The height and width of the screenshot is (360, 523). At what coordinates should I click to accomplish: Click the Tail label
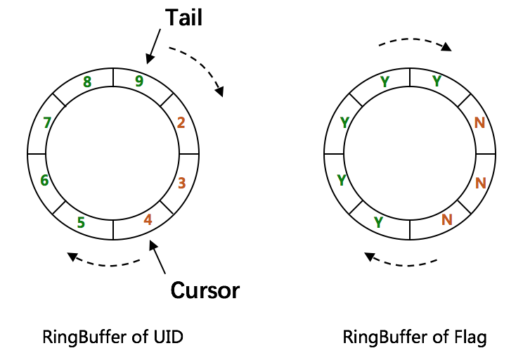coord(183,18)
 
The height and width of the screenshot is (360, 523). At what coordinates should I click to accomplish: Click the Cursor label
coord(205,289)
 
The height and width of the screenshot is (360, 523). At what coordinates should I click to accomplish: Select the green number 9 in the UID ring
coord(139,81)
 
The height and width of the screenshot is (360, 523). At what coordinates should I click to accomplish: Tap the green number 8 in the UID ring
coord(87,82)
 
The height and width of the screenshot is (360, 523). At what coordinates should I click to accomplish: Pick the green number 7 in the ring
coord(47,123)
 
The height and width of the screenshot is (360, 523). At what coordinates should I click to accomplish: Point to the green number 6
coord(44,181)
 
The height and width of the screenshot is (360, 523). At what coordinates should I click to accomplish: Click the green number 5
coord(81,223)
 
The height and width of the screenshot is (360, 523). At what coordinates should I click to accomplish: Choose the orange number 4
coord(148,219)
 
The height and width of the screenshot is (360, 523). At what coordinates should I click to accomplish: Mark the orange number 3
coord(181,184)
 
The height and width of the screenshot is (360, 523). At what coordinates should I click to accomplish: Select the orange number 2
coord(181,123)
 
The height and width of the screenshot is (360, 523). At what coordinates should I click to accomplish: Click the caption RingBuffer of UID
coord(113,337)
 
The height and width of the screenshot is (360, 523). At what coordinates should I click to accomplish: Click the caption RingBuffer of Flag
coord(415,337)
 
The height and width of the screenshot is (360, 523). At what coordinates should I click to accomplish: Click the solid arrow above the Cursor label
coord(159,257)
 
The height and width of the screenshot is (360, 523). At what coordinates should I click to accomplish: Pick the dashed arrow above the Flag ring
coord(415,42)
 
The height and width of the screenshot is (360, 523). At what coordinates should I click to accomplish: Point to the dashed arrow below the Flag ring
coord(403,262)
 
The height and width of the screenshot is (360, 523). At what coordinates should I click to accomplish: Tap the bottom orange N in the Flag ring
coord(446,219)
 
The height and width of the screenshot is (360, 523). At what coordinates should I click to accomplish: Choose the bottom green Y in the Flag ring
coord(379,223)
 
